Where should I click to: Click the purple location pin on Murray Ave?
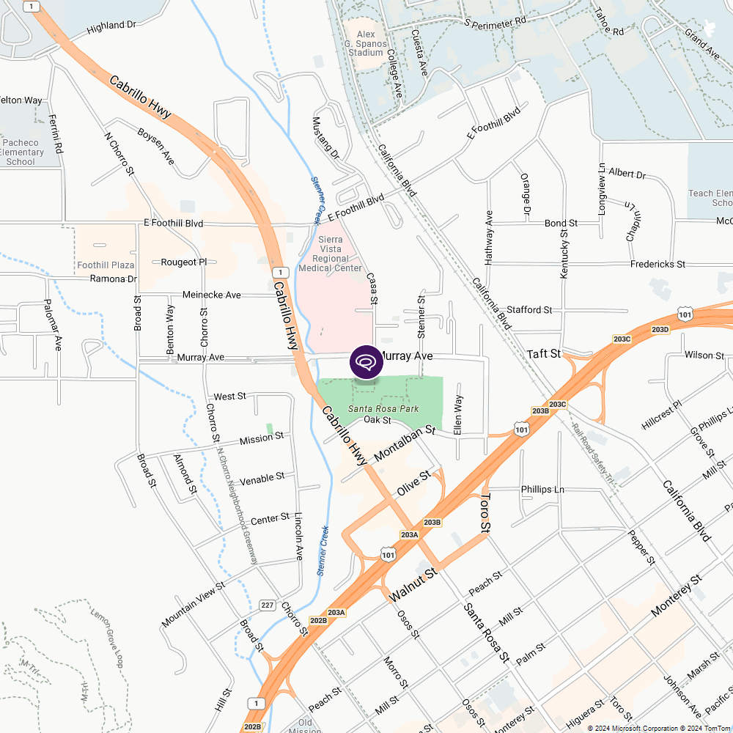366,361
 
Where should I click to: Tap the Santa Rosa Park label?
383,408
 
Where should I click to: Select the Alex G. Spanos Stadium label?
366,43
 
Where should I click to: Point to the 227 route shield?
268,605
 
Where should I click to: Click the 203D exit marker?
660,330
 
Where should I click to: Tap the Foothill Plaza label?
106,265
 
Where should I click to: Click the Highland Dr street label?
111,26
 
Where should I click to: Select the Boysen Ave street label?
155,146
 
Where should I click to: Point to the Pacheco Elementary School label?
22,152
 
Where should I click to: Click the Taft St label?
544,353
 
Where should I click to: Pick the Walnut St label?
413,584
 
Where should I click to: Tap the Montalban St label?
405,445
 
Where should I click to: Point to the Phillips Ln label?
542,489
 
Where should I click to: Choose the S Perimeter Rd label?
496,22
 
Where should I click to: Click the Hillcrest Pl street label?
661,415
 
